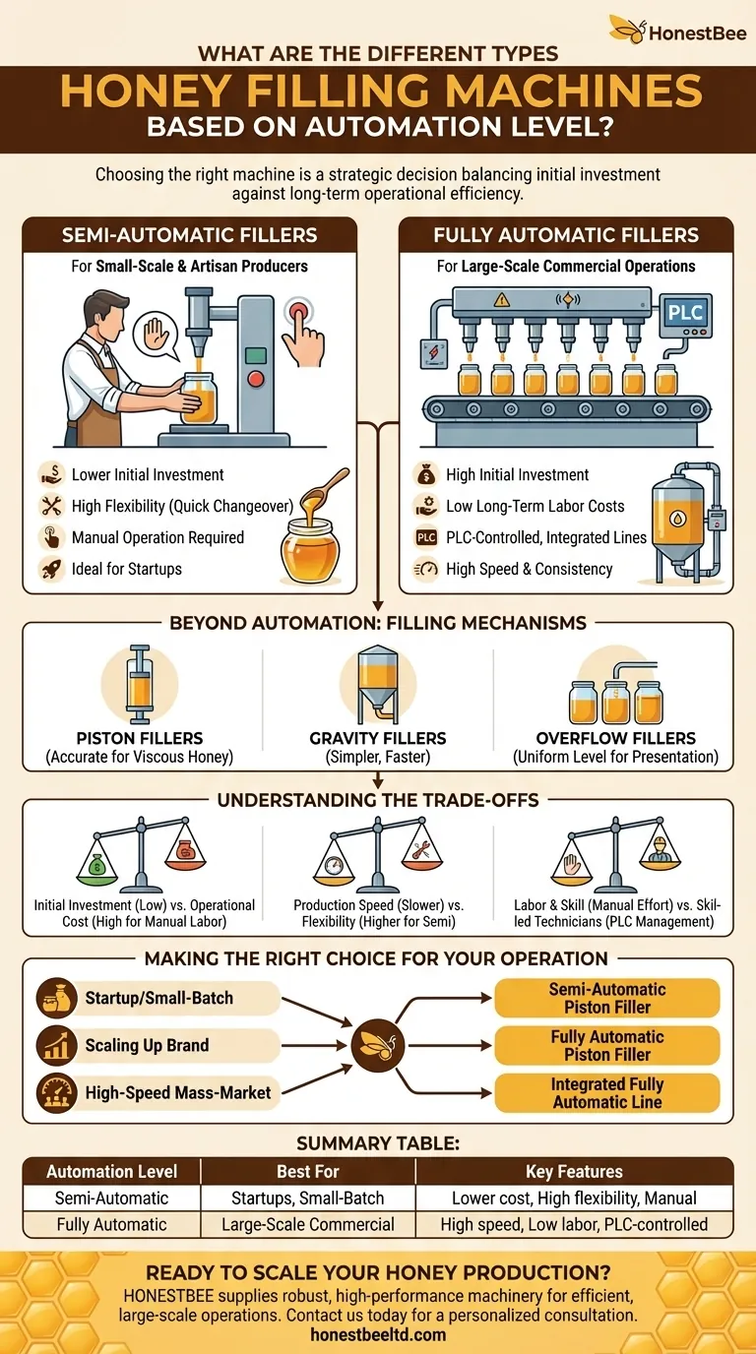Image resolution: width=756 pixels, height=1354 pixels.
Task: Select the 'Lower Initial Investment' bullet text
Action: click(148, 474)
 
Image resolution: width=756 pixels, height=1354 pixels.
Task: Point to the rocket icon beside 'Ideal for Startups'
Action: click(51, 569)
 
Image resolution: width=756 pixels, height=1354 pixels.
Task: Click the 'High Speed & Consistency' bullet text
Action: click(529, 569)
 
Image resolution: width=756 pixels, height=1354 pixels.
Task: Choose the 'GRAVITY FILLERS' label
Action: click(378, 738)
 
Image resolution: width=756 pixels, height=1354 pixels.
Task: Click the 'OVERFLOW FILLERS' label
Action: click(616, 738)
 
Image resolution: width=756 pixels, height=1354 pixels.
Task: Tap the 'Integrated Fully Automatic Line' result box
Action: click(607, 1093)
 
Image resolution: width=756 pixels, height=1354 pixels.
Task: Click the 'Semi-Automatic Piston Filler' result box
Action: click(607, 998)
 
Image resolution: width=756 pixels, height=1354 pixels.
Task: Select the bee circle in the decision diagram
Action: click(377, 1045)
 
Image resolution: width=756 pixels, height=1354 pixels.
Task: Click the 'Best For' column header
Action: click(308, 1171)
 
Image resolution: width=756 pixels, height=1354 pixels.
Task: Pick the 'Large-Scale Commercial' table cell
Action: click(308, 1224)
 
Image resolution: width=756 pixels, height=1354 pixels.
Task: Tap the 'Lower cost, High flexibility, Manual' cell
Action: click(574, 1198)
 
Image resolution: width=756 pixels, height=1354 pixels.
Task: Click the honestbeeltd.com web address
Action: click(378, 1334)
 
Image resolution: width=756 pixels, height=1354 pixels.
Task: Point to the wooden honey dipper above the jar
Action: click(324, 492)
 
